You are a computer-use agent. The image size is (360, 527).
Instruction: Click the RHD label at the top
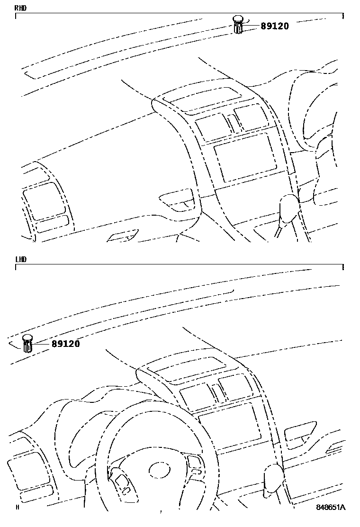(20, 8)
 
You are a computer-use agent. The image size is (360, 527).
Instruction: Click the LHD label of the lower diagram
(20, 259)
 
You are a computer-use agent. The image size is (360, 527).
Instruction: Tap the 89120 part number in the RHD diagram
(275, 26)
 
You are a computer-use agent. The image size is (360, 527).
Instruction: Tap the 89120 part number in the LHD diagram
(66, 344)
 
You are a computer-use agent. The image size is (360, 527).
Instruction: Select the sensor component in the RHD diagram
(238, 24)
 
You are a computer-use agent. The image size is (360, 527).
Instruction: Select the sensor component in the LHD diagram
(27, 343)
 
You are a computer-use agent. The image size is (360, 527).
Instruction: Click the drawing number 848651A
(331, 507)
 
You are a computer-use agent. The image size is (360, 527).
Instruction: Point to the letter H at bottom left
(17, 508)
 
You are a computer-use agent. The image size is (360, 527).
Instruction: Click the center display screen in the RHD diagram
(244, 157)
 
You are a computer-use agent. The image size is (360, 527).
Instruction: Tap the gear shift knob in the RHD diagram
(288, 208)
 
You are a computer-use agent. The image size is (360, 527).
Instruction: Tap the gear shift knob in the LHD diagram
(274, 477)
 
